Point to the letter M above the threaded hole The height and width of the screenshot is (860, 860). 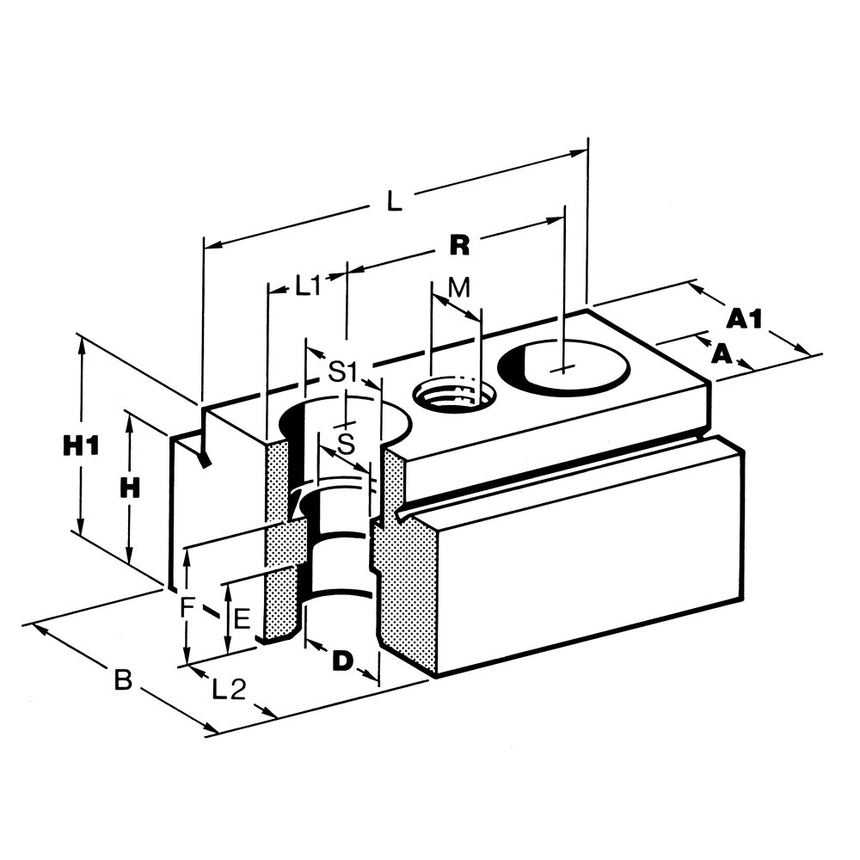460,287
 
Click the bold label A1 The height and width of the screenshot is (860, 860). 744,319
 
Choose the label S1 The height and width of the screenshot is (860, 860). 343,372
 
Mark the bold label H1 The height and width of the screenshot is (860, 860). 82,445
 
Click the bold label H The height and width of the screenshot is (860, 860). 129,488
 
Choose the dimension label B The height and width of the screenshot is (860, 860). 123,681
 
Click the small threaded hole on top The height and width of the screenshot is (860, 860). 451,396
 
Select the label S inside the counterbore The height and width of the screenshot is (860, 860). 345,445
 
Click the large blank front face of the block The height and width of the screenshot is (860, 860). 593,559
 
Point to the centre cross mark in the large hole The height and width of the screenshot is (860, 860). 562,371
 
